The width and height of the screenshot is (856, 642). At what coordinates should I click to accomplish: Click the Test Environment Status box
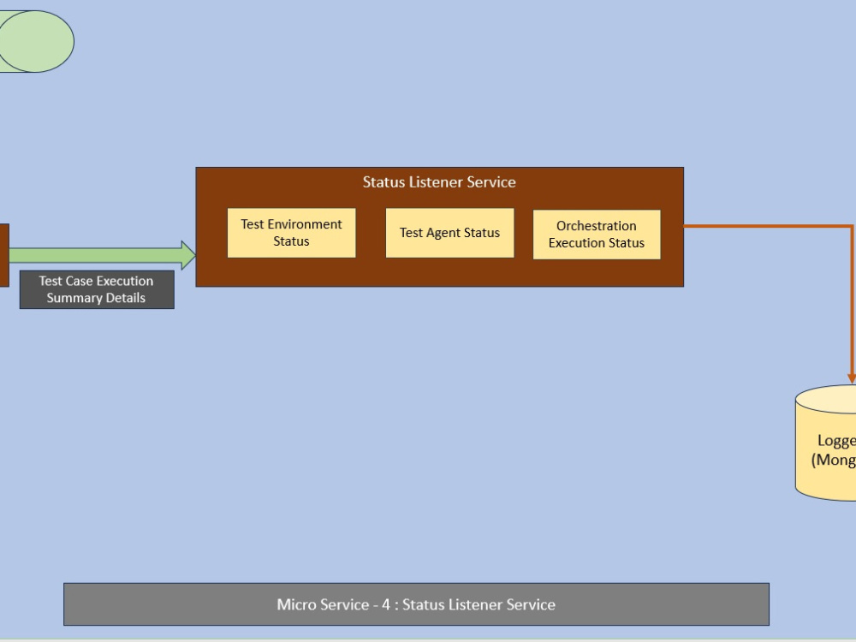click(291, 233)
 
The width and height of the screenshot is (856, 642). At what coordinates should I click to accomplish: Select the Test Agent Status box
click(449, 233)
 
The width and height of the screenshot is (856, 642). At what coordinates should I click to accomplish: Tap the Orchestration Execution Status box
click(597, 235)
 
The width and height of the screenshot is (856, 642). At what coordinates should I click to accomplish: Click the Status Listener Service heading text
click(439, 181)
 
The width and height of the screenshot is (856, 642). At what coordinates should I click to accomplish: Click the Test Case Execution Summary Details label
click(97, 289)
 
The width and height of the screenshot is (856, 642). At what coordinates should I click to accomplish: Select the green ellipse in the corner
click(36, 41)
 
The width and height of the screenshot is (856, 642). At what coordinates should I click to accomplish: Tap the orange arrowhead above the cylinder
click(852, 377)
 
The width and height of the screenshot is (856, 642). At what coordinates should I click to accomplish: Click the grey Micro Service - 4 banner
click(416, 604)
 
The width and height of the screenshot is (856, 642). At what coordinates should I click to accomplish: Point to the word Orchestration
click(597, 226)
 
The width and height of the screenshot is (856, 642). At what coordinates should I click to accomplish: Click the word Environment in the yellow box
click(305, 224)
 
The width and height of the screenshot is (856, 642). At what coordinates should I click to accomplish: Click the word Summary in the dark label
click(73, 298)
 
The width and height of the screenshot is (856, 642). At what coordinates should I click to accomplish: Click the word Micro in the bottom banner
click(296, 604)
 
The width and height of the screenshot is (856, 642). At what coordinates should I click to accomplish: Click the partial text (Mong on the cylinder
click(834, 460)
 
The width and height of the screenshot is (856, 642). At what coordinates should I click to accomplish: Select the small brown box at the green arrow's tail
click(3, 255)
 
